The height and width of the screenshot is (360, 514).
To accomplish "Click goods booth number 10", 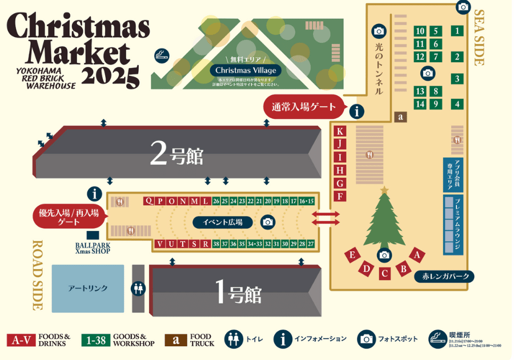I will point(420,31).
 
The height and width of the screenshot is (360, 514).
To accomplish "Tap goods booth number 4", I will point(457,104).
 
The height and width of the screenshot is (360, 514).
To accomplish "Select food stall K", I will point(340,131).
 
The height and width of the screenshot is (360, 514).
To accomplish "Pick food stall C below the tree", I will point(385,273).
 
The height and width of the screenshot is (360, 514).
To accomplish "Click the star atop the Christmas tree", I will point(384,189).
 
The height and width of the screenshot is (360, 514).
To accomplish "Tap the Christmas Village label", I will point(246,70).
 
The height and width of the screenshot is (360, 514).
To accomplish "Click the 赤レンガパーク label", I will point(445,277).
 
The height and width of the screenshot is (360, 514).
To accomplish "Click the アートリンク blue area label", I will point(88,289).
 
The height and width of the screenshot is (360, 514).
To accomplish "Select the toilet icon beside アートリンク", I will point(138,289).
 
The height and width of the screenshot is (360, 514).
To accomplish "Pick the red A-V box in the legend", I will point(21,340).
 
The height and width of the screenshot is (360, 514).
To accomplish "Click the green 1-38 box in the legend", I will point(95,340).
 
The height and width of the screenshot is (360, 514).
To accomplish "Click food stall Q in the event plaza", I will point(148,201).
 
